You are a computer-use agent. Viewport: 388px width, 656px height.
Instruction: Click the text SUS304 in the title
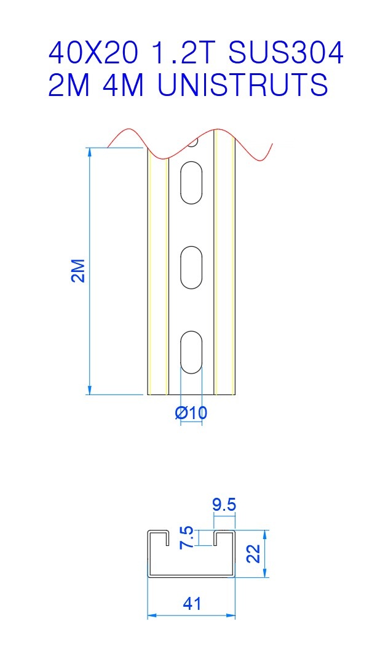click(287, 53)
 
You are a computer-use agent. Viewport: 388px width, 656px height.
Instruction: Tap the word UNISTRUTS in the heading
click(242, 85)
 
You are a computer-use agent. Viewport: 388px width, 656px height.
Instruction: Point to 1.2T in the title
click(183, 53)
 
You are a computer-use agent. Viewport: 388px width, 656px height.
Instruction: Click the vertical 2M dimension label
click(78, 271)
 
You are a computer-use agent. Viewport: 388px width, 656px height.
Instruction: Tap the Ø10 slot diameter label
click(191, 413)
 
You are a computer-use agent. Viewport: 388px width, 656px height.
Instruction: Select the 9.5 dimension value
click(224, 505)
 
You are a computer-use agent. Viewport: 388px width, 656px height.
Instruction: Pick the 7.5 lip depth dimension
click(186, 538)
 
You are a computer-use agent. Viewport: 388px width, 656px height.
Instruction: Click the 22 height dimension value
click(254, 553)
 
